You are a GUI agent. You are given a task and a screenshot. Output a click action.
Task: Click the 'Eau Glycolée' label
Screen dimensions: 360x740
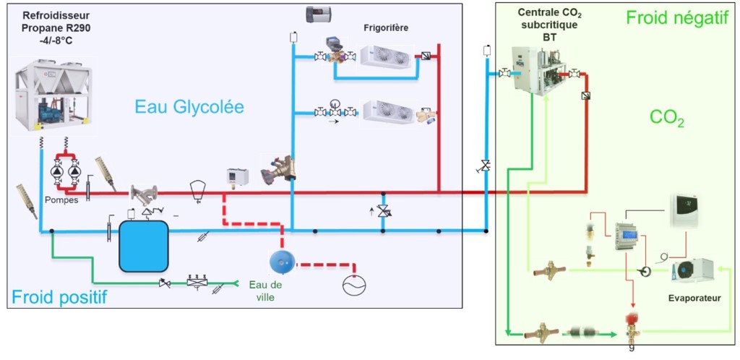[x=189, y=108]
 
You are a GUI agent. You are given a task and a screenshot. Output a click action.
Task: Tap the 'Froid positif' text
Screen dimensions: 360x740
[x=59, y=296]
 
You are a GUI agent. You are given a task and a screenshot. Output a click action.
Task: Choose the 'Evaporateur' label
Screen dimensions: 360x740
[x=693, y=297]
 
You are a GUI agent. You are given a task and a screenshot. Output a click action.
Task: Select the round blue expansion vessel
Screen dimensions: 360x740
[x=282, y=261]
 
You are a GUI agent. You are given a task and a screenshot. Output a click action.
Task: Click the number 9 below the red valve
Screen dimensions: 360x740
[x=632, y=348]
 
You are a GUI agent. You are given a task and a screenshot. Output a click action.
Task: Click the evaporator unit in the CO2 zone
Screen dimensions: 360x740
[x=692, y=270]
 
